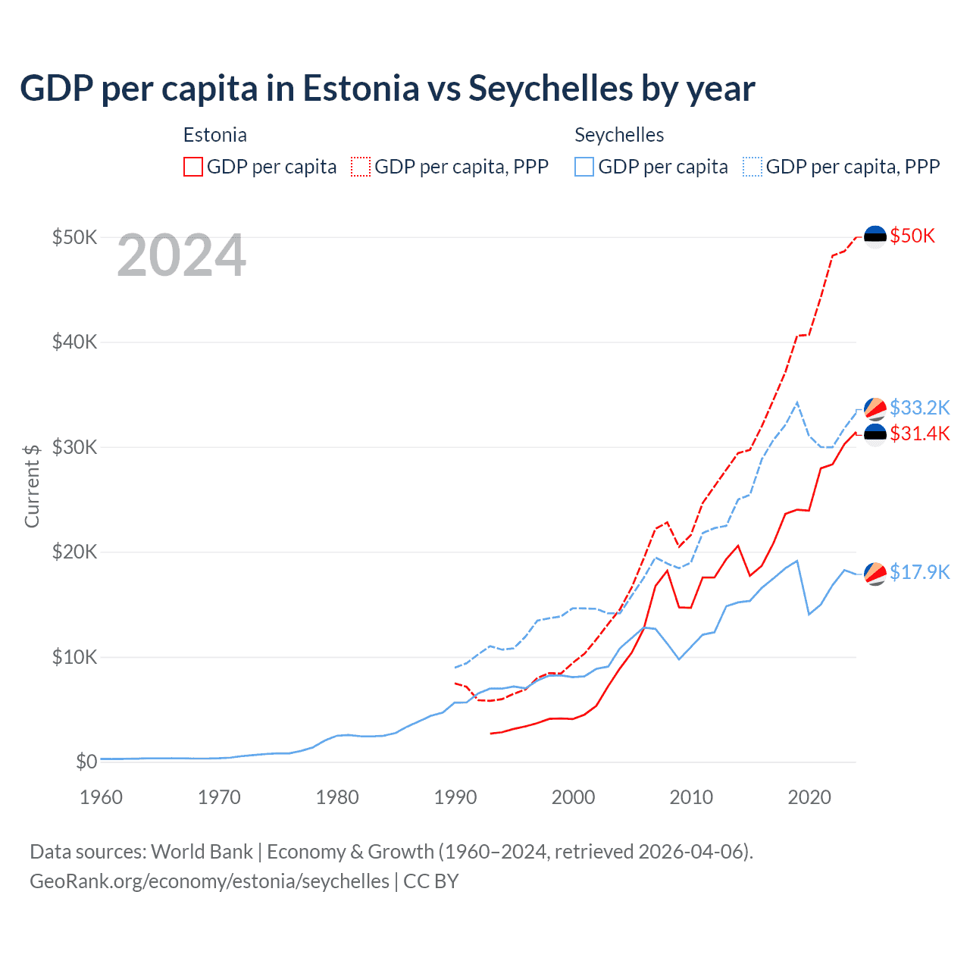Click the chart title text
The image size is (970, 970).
pos(387,89)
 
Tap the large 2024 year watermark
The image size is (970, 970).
pos(182,256)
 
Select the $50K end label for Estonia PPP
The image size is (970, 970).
pos(912,236)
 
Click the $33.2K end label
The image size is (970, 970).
pos(919,408)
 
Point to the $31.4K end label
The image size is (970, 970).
pos(919,433)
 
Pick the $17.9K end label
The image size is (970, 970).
pos(919,572)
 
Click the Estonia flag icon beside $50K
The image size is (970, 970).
pos(875,236)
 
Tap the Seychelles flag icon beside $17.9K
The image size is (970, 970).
pos(875,574)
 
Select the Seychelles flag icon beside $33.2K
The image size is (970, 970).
pos(875,408)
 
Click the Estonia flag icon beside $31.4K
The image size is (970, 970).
pos(875,434)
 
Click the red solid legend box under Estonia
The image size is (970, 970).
pos(193,167)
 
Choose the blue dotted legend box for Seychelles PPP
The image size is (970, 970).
pos(753,167)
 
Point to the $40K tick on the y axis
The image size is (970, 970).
pos(75,343)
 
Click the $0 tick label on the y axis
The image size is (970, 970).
pos(86,762)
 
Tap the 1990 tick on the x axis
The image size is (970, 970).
pos(455,797)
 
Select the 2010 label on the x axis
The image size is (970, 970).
pos(691,797)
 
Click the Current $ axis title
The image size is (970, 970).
pos(32,486)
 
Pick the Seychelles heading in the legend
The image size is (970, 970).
pos(619,135)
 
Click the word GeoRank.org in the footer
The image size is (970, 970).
pos(76,881)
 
